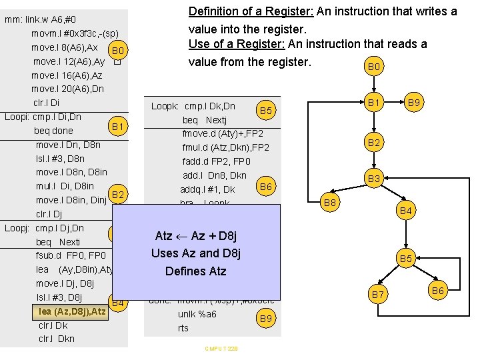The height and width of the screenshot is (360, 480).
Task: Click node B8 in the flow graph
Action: [329, 201]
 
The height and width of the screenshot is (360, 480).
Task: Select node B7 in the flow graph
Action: [378, 294]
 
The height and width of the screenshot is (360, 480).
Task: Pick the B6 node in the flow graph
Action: [438, 289]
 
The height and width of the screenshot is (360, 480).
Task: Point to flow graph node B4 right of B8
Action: [406, 211]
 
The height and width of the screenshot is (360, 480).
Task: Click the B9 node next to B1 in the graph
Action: [414, 103]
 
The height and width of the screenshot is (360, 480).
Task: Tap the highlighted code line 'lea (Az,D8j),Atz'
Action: [71, 311]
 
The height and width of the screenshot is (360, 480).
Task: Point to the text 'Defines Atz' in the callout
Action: [196, 271]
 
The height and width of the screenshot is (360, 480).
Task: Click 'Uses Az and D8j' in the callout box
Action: [196, 253]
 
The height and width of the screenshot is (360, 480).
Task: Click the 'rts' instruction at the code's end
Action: [183, 328]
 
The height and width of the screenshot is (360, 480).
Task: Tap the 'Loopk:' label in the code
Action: [165, 106]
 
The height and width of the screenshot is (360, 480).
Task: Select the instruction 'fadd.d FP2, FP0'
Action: [217, 161]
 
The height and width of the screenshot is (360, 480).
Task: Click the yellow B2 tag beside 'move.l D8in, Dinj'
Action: [119, 195]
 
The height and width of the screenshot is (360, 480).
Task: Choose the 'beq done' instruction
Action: [53, 131]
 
